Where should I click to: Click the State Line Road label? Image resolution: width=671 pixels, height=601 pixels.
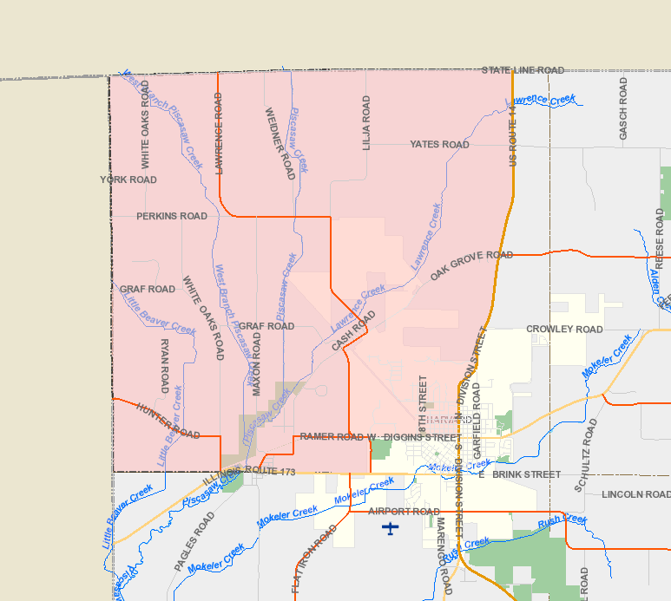[x=523, y=70]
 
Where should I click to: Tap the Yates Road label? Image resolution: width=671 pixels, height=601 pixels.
[x=439, y=144]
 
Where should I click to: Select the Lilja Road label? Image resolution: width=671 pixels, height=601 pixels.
[x=366, y=123]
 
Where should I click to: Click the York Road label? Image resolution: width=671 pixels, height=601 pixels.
[x=128, y=180]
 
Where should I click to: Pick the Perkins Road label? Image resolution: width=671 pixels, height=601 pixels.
[x=172, y=216]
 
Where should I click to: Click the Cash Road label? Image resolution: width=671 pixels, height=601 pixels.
[x=352, y=331]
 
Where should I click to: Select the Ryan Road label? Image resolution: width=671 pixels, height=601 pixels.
[x=165, y=366]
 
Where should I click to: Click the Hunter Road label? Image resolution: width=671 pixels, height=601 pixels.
[x=168, y=421]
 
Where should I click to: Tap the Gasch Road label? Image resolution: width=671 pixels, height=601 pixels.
[x=623, y=108]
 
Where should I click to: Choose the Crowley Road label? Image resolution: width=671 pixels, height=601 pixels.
[x=564, y=330]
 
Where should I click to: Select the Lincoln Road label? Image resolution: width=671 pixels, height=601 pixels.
[x=635, y=494]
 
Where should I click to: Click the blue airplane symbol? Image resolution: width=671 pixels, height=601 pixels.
[x=391, y=528]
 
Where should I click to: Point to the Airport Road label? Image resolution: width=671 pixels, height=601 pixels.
[x=404, y=512]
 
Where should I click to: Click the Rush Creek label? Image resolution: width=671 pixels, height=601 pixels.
[x=562, y=521]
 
